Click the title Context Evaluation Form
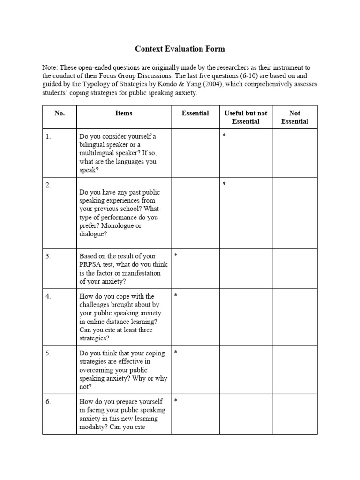(180, 49)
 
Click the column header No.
(59, 113)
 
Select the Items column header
(124, 113)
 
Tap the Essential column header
(195, 113)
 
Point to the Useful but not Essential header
(246, 117)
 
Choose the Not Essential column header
(295, 117)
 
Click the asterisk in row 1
(225, 136)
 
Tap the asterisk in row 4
(176, 296)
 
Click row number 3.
(48, 256)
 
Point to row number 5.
(48, 353)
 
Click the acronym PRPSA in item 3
(90, 265)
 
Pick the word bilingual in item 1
(94, 145)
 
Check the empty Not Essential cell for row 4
(295, 317)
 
